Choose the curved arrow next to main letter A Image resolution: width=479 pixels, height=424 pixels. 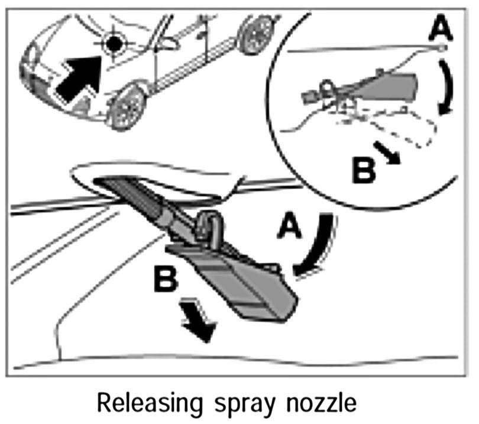pos(316,246)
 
